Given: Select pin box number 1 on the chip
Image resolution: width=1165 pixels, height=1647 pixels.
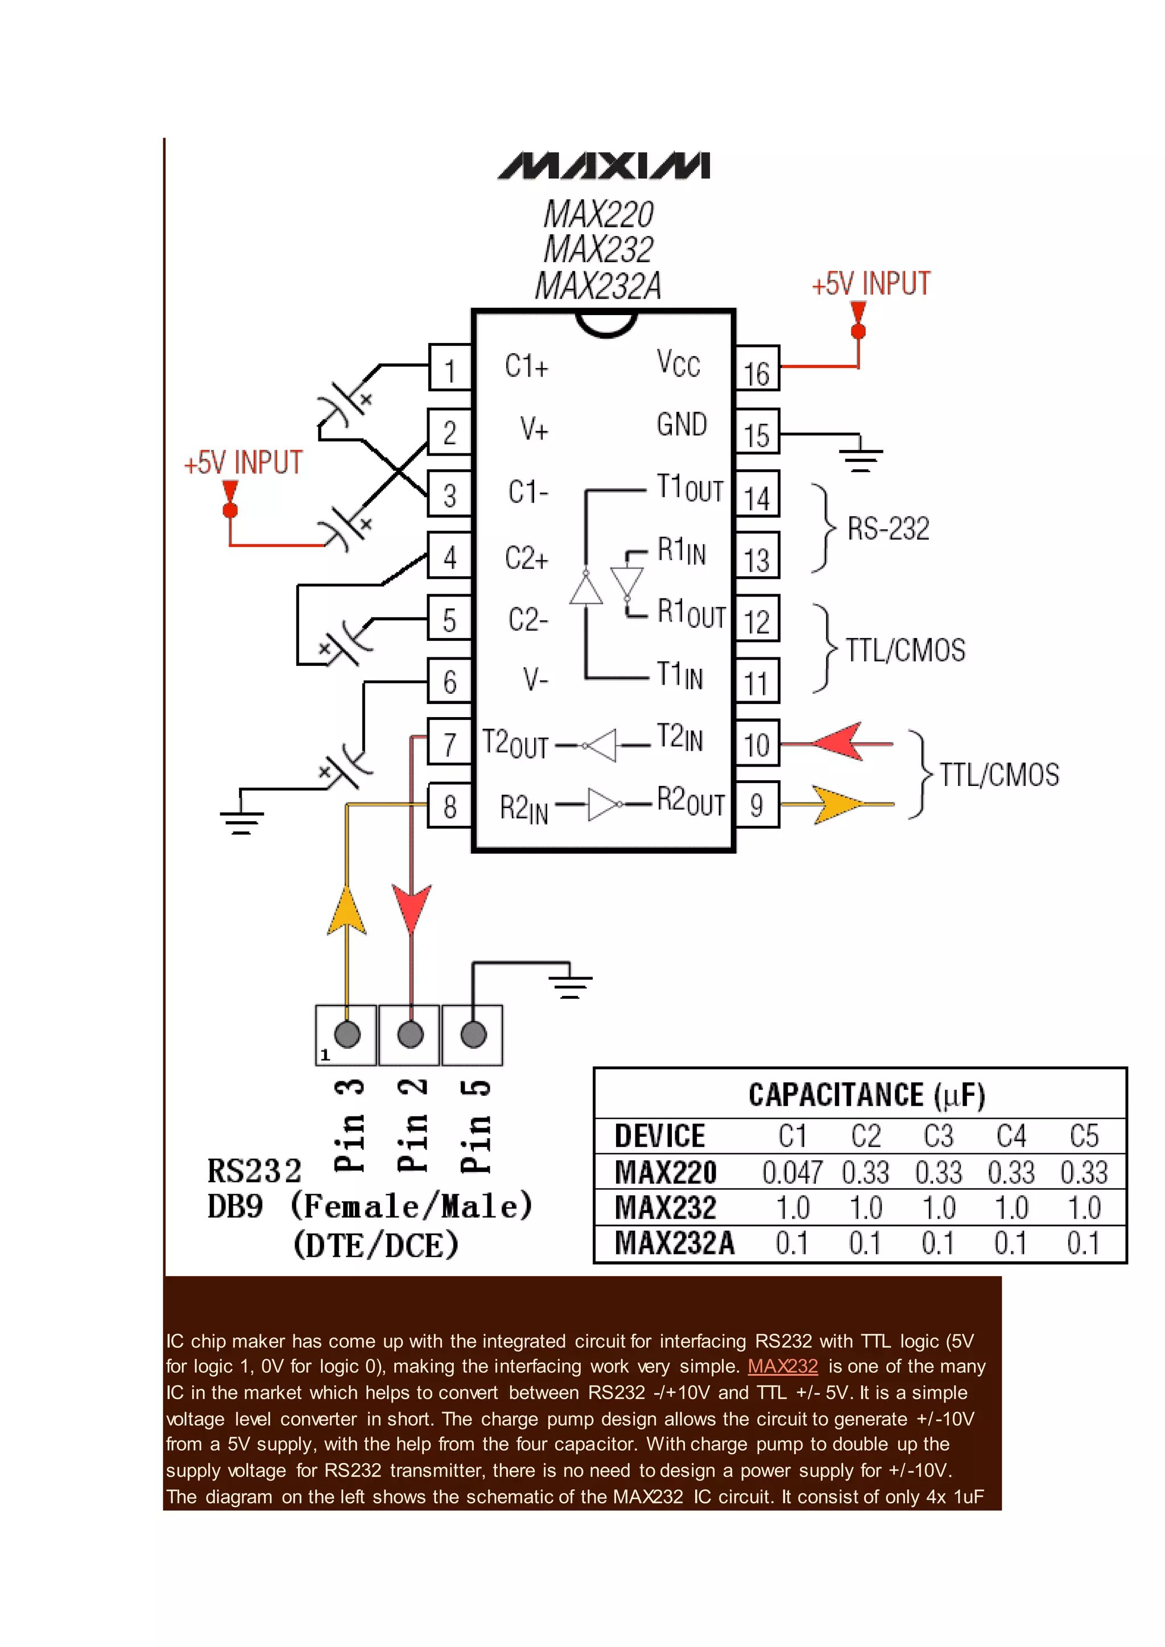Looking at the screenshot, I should [450, 367].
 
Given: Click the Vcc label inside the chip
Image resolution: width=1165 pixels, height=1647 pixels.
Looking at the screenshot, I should [678, 363].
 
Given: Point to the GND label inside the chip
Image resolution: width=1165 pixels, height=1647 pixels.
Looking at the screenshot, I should [681, 425].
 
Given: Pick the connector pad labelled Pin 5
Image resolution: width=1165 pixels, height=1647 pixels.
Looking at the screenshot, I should [473, 1034].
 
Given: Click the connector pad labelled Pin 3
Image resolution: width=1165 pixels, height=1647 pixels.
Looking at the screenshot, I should [347, 1034].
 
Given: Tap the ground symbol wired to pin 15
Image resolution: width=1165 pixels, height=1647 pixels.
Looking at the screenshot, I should [860, 457].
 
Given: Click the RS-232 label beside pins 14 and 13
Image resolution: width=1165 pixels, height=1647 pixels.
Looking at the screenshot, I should [888, 529].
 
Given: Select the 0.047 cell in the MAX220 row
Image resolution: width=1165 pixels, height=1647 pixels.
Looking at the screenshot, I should [791, 1173].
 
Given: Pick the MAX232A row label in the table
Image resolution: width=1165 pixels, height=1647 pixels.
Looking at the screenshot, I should [674, 1243].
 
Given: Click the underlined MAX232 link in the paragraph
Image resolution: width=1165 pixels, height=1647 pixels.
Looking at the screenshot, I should [782, 1366].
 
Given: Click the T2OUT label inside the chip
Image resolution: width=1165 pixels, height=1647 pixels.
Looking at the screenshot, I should [514, 744].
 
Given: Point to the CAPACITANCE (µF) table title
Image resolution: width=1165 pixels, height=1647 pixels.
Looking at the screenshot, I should [866, 1095].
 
